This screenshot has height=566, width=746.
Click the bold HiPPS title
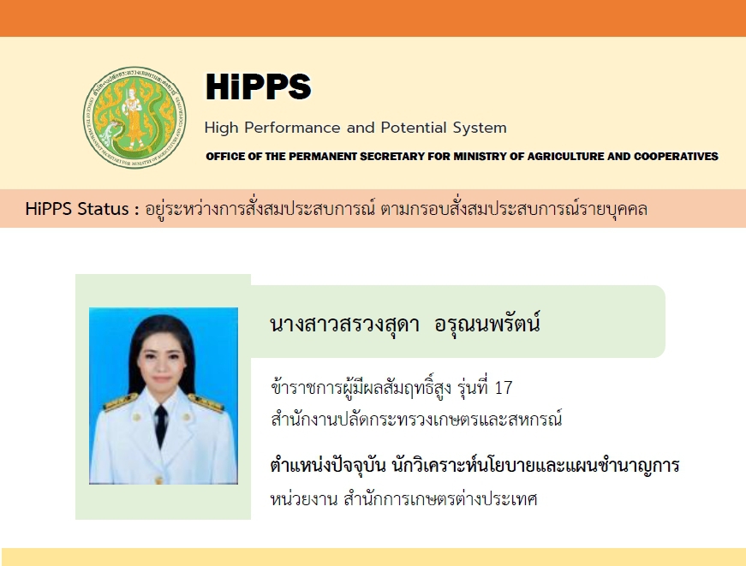pyautogui.click(x=259, y=86)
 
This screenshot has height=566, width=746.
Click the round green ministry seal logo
pyautogui.click(x=134, y=117)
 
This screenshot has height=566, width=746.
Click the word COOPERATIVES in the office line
pyautogui.click(x=676, y=157)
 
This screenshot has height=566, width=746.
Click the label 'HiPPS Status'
pyautogui.click(x=77, y=209)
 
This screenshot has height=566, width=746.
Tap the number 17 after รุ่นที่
pyautogui.click(x=504, y=388)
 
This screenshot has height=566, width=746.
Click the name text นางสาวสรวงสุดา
pyautogui.click(x=344, y=325)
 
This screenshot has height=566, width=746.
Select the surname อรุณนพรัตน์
pyautogui.click(x=487, y=324)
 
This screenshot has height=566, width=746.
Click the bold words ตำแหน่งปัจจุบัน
pyautogui.click(x=328, y=465)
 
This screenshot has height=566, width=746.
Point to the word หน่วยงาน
pyautogui.click(x=304, y=499)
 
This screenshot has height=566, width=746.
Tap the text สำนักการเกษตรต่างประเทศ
pyautogui.click(x=440, y=498)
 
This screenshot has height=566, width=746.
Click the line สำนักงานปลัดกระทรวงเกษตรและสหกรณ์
pyautogui.click(x=416, y=419)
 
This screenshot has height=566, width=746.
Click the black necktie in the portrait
pyautogui.click(x=161, y=424)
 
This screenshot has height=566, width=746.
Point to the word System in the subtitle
pyautogui.click(x=480, y=128)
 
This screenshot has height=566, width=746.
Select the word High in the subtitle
pyautogui.click(x=221, y=128)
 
